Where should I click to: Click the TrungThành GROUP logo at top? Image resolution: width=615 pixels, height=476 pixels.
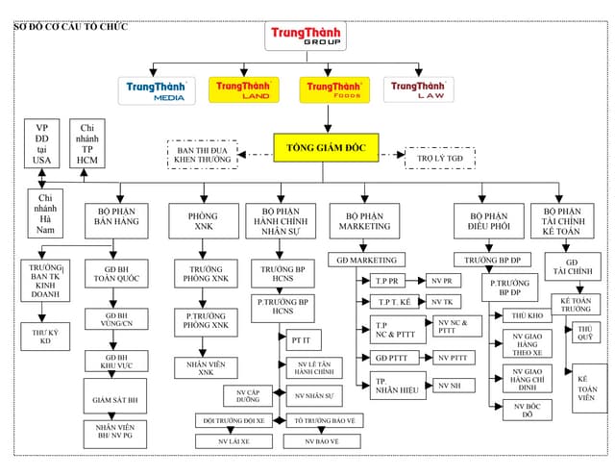305,36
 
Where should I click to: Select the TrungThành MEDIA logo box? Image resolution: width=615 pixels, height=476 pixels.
157,90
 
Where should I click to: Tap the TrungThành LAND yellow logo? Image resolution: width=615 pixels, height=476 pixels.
243,89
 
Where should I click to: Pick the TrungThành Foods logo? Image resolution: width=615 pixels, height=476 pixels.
332,89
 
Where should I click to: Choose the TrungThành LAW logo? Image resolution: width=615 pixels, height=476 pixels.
419,89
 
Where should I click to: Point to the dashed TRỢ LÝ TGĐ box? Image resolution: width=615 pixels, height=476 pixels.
440,157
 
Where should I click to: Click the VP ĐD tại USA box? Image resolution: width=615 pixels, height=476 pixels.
41,144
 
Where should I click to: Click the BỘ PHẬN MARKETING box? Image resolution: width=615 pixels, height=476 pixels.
364,220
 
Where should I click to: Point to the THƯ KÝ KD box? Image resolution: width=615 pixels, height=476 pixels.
44,336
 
